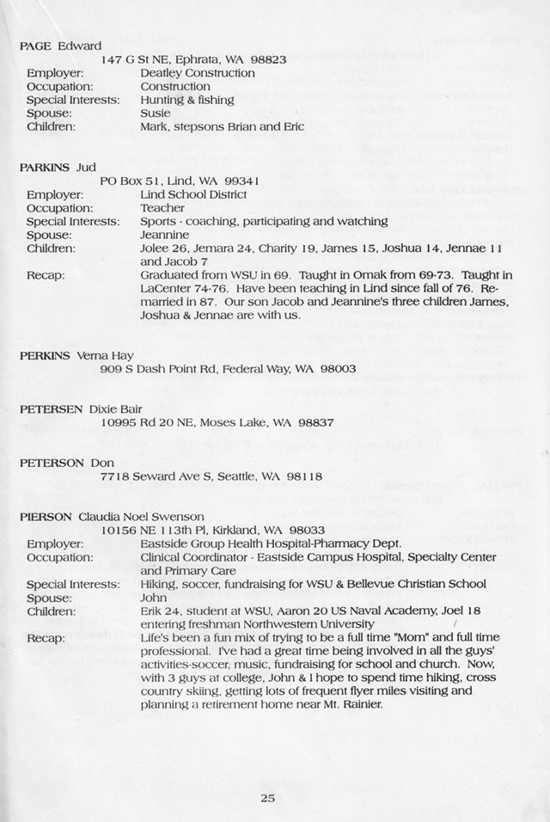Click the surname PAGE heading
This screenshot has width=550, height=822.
(35, 46)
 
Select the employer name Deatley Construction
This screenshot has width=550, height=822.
(197, 73)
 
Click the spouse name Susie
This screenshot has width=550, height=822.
(155, 113)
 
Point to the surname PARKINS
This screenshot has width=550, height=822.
(46, 167)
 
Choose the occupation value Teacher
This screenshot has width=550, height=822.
(162, 208)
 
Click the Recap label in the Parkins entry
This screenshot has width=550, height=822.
(45, 275)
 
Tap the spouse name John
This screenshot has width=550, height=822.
(153, 598)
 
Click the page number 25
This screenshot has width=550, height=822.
(267, 798)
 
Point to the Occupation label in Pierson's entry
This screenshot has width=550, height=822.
(59, 557)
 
